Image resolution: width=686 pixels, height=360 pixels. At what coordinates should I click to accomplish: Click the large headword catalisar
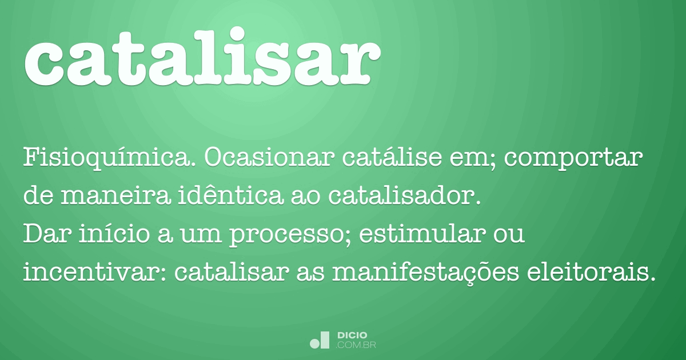[201, 58]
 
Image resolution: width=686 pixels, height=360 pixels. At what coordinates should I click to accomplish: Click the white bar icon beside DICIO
[325, 340]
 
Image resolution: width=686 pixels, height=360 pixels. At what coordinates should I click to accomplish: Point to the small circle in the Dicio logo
[314, 344]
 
